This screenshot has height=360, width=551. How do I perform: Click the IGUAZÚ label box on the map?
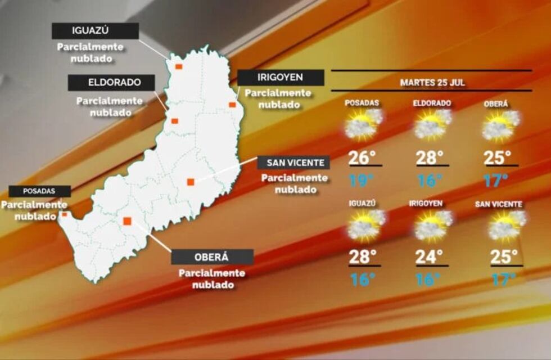tap(95, 31)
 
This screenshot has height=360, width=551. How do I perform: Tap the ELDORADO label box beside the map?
tap(112, 83)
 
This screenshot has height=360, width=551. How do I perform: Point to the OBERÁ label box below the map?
tap(212, 257)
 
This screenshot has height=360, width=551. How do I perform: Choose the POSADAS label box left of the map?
tap(40, 191)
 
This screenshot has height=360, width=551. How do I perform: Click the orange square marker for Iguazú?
tap(178, 66)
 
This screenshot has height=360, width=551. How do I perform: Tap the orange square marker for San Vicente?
tap(191, 182)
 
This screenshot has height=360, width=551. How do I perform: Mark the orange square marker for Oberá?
tap(127, 221)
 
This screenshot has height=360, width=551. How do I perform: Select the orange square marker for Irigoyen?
tap(232, 105)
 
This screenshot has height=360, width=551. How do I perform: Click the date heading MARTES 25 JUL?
tap(432, 82)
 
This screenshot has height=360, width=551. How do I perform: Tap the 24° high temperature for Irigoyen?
tap(430, 257)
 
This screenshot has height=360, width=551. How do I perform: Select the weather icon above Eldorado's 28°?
tap(433, 124)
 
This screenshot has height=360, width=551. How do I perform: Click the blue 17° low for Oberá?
tap(496, 181)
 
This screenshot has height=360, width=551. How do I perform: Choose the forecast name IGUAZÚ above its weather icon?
tap(362, 204)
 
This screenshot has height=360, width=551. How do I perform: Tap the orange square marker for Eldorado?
tap(175, 121)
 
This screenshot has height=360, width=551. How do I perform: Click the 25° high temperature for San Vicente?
tap(504, 257)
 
